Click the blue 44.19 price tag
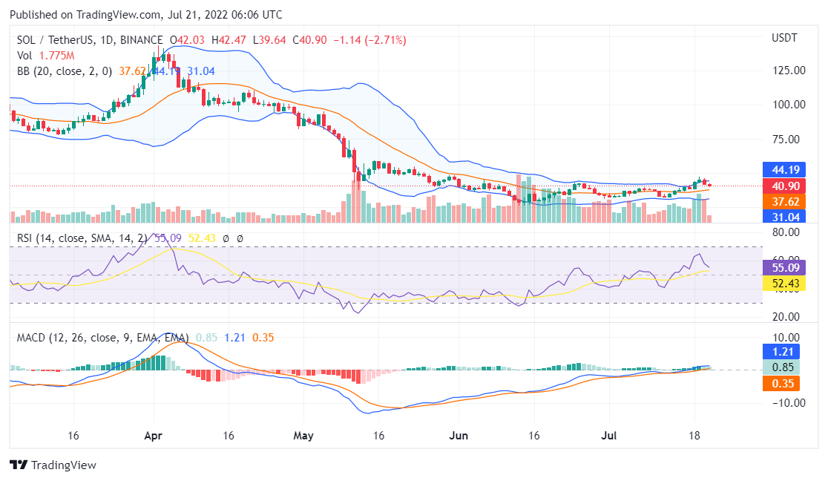tap(784, 169)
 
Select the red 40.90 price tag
tap(784, 186)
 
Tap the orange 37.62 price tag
tap(784, 201)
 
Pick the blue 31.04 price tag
tap(784, 217)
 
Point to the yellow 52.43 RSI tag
tap(784, 284)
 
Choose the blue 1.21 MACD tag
tap(784, 352)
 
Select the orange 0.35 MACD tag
tap(784, 384)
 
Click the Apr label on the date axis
tap(153, 435)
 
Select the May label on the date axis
tap(304, 435)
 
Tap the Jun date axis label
tap(459, 435)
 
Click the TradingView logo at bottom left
tap(53, 465)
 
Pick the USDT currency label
tap(784, 38)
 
